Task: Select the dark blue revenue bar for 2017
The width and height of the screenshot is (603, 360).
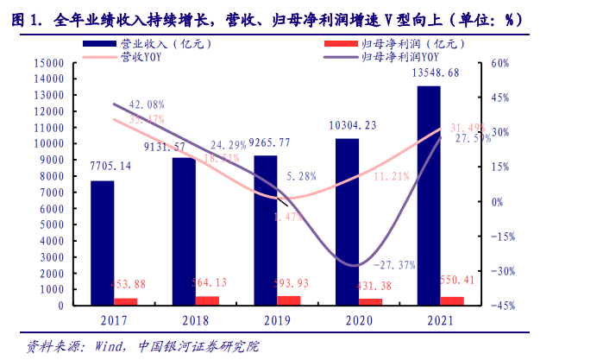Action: pos(102,242)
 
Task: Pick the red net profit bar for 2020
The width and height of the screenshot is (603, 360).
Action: pos(371,301)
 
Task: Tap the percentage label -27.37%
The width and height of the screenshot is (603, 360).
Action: pos(398,264)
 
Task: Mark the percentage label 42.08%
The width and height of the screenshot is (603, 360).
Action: pos(146,104)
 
